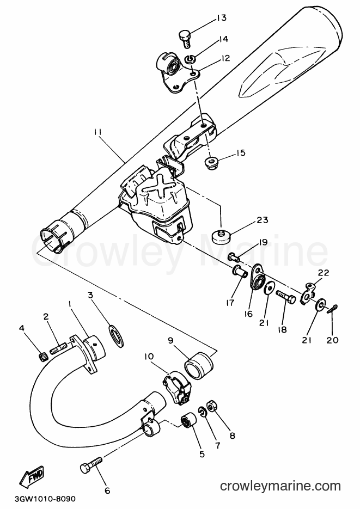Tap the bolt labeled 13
[x=185, y=40]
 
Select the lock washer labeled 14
[x=189, y=59]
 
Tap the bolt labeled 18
[x=286, y=297]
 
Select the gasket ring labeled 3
[x=115, y=336]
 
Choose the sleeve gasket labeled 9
[x=199, y=365]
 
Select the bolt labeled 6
[x=91, y=464]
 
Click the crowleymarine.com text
[x=280, y=486]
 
